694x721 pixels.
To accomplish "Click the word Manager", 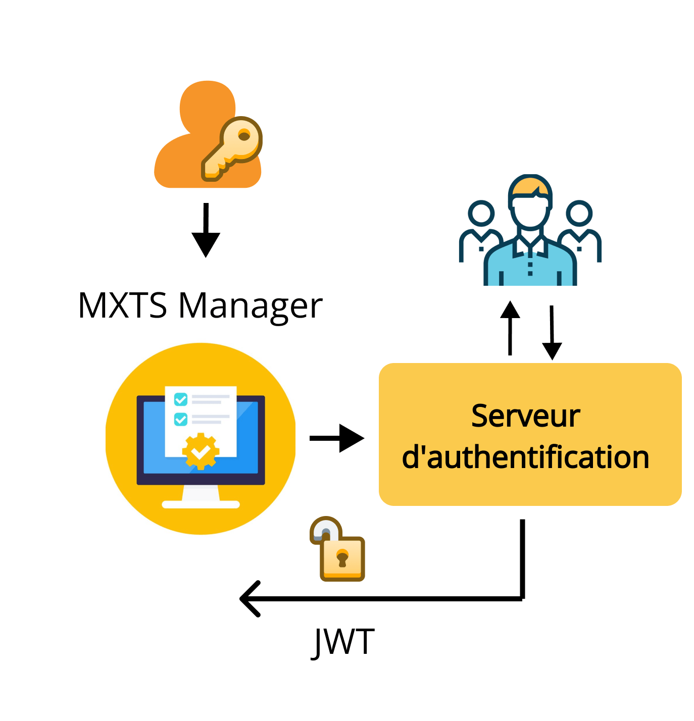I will pyautogui.click(x=251, y=307).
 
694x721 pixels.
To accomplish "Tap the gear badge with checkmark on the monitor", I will pyautogui.click(x=201, y=451).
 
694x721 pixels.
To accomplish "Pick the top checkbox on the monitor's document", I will pyautogui.click(x=180, y=399).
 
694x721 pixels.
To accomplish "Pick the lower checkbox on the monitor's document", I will pyautogui.click(x=180, y=419).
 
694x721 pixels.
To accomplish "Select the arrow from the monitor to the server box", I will pyautogui.click(x=336, y=438).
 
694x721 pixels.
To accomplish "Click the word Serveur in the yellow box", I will pyautogui.click(x=525, y=417).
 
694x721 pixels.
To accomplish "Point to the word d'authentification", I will pyautogui.click(x=525, y=457).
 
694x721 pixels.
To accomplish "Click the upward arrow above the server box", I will pyautogui.click(x=510, y=328).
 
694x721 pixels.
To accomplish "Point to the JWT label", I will pyautogui.click(x=343, y=642).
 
